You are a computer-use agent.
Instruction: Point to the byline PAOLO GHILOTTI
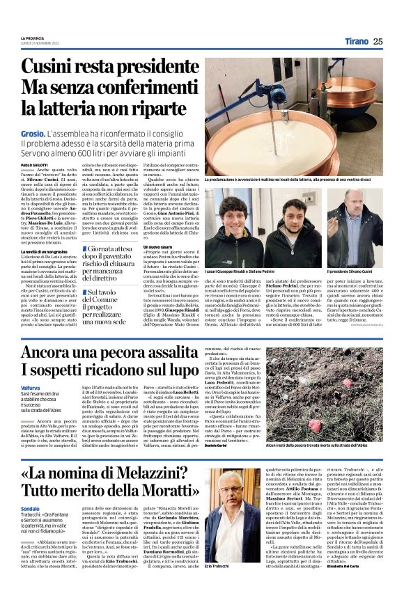tap(32, 164)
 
